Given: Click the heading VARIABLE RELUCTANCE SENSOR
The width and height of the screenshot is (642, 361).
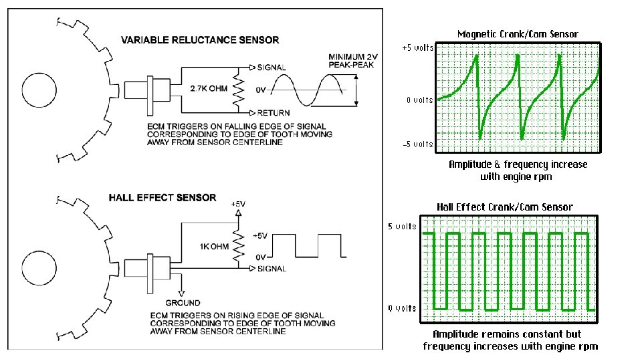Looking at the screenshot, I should (x=200, y=40).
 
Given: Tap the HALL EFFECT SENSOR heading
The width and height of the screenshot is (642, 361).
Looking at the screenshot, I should (x=163, y=198).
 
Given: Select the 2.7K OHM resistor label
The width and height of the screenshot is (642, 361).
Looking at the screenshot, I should (x=209, y=88).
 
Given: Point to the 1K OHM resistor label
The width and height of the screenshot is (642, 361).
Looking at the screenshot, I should (x=215, y=247).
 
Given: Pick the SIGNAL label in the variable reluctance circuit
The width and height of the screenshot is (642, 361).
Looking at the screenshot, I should (x=272, y=68).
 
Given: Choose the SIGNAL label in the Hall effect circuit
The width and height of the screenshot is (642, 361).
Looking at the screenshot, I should (x=272, y=269).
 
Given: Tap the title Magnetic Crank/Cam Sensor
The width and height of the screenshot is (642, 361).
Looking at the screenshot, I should (x=518, y=33).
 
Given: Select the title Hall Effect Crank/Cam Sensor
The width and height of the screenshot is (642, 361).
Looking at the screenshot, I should (x=505, y=207).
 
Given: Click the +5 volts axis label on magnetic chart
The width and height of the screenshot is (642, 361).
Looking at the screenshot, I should (x=417, y=48).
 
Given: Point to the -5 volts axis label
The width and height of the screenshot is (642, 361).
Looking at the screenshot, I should (x=417, y=144).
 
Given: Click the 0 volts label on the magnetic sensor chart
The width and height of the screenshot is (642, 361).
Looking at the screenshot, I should (x=419, y=100).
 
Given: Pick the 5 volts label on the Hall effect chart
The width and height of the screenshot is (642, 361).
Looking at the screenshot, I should (x=402, y=226).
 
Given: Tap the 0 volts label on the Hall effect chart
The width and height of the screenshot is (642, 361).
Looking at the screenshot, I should (x=402, y=308).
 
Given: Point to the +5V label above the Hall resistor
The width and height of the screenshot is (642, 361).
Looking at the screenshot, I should (x=237, y=203).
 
